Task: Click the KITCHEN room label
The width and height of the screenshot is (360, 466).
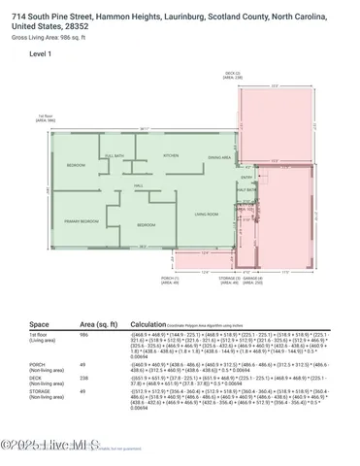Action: coord(170,155)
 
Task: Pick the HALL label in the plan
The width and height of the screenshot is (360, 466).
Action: coord(139,184)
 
